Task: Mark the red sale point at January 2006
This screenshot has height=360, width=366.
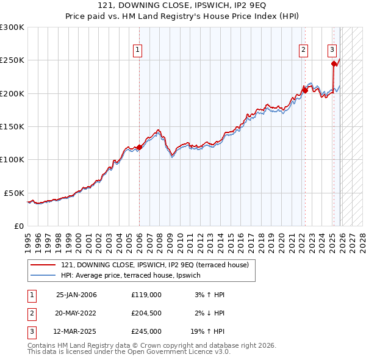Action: tap(139, 147)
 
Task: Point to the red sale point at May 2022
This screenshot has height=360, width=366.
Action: tap(304, 90)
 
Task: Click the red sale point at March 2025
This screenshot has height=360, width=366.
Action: tap(334, 63)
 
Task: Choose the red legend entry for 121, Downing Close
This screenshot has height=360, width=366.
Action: tap(154, 265)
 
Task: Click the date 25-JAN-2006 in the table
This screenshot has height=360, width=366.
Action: tap(76, 295)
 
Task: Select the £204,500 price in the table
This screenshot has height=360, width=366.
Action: tap(146, 313)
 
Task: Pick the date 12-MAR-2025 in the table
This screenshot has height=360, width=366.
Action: tap(76, 331)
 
